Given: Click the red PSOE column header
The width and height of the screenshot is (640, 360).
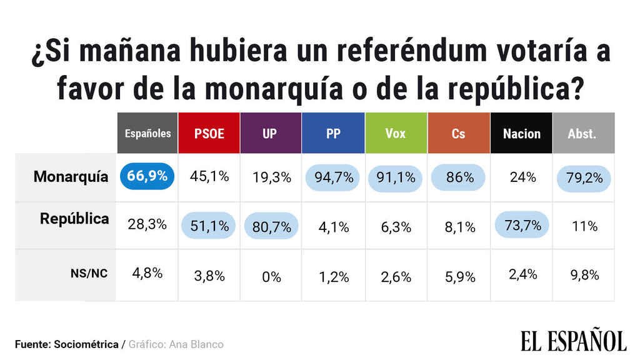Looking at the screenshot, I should (x=209, y=133).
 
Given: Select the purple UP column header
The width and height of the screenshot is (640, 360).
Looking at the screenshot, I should (x=271, y=133).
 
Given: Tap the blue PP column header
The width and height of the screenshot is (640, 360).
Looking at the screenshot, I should (x=333, y=133).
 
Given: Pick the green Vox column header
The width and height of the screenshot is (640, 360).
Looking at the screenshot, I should (x=396, y=133).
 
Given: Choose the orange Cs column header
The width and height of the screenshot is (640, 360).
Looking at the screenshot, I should (x=458, y=133).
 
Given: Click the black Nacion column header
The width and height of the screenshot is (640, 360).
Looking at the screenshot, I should (x=521, y=133).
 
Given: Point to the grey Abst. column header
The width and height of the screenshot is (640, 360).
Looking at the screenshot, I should (x=582, y=133).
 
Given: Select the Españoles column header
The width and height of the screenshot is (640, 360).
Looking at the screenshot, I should (x=147, y=133).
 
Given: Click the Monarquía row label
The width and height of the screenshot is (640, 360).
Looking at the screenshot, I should (x=71, y=177).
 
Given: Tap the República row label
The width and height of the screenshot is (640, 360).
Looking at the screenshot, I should (x=74, y=219).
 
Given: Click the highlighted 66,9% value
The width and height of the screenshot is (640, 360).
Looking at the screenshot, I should (x=147, y=177).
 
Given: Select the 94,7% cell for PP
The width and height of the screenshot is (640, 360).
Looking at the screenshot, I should (x=333, y=177).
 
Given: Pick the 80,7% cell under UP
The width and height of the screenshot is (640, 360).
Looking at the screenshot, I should (x=271, y=226).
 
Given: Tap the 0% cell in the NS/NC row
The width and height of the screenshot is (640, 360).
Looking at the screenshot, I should (x=271, y=276).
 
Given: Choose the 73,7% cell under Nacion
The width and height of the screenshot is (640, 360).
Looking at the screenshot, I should (x=522, y=226).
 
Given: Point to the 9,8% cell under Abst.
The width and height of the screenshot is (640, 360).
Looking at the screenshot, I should (x=584, y=275).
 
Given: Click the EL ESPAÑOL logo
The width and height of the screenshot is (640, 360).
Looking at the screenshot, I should (x=572, y=341).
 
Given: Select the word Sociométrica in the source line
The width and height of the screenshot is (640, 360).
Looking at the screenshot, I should (x=87, y=344).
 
